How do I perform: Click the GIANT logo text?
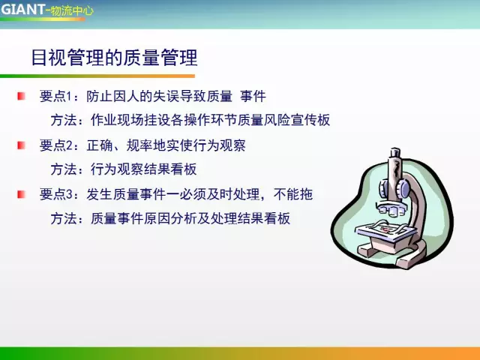pyautogui.click(x=22, y=9)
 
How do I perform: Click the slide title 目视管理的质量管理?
pyautogui.click(x=115, y=57)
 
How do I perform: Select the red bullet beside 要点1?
pyautogui.click(x=21, y=96)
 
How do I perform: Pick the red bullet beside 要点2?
pyautogui.click(x=21, y=145)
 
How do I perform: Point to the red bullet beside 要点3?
pyautogui.click(x=21, y=194)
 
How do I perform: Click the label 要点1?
pyautogui.click(x=55, y=96)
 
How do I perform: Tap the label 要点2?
pyautogui.click(x=55, y=145)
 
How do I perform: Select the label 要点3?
pyautogui.click(x=55, y=194)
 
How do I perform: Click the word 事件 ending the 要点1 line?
pyautogui.click(x=253, y=96)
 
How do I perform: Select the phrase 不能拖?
pyautogui.click(x=293, y=194)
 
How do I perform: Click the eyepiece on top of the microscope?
pyautogui.click(x=395, y=153)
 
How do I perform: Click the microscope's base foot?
pyautogui.click(x=391, y=255)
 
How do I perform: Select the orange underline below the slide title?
pyautogui.click(x=97, y=76)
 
